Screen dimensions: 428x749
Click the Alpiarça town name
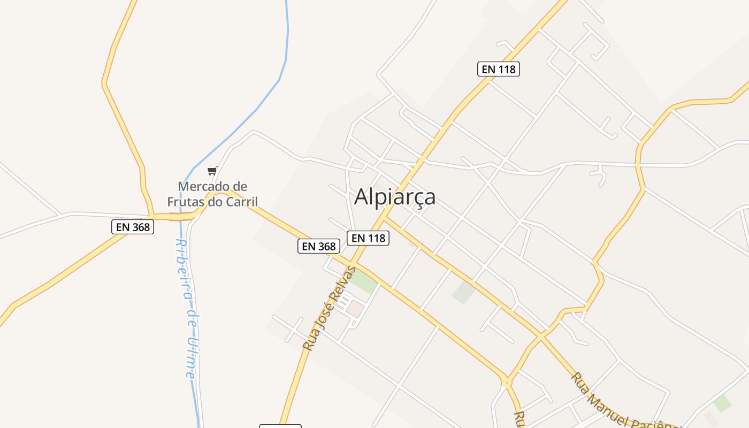click(x=395, y=197)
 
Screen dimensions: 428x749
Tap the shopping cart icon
click(x=212, y=171)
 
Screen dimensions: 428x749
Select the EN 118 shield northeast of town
click(x=499, y=69)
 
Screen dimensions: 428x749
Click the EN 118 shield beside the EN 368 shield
click(x=368, y=238)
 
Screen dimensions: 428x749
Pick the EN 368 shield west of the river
click(x=133, y=227)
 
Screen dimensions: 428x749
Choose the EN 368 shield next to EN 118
click(x=319, y=246)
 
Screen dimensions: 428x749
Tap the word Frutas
click(x=190, y=202)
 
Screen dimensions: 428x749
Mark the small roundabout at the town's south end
click(x=506, y=383)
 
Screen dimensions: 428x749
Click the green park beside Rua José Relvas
click(x=364, y=282)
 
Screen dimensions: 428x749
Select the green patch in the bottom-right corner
click(x=723, y=403)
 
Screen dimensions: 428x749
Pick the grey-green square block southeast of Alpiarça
click(x=463, y=292)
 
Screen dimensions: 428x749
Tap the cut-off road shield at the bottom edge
click(x=280, y=426)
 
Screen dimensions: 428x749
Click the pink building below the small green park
click(x=354, y=308)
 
